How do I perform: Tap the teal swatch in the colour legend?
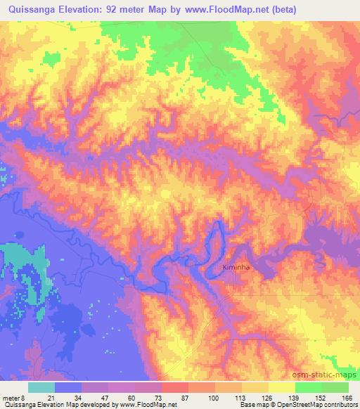tap(41, 387)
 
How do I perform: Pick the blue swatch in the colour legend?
tap(68, 387)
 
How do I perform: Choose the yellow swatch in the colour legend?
tap(282, 387)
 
